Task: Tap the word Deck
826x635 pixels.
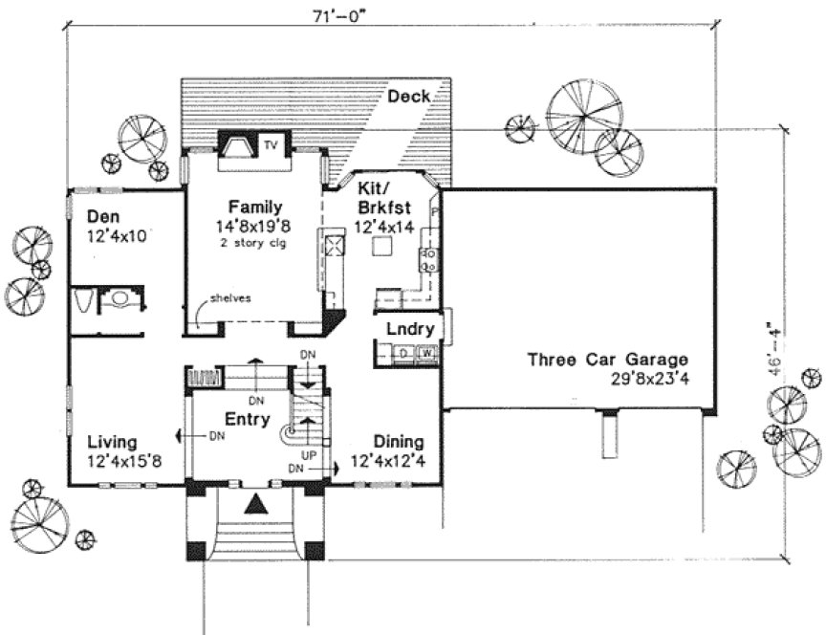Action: [x=408, y=97]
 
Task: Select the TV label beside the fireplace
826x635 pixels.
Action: [x=271, y=145]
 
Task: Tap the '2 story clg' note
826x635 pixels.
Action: [x=254, y=243]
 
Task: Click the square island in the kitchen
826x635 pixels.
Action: [x=383, y=247]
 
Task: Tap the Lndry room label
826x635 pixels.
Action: [x=410, y=330]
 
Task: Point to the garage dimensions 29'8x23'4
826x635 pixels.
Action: [x=649, y=378]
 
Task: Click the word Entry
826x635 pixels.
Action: [x=247, y=420]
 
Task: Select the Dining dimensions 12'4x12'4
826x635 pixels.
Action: [x=387, y=462]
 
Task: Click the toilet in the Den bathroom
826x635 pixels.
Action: [x=84, y=302]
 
